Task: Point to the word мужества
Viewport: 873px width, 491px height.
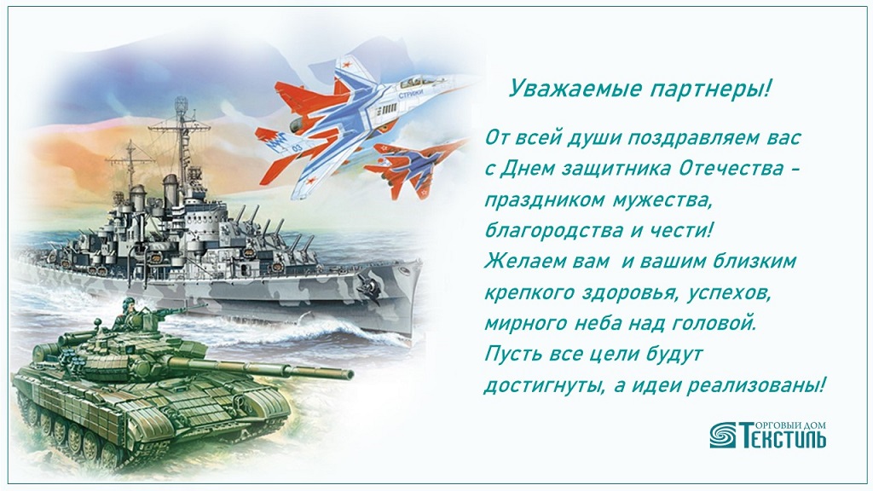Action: coord(662,199)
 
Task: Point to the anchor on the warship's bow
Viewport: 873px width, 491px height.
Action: coord(368,285)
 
